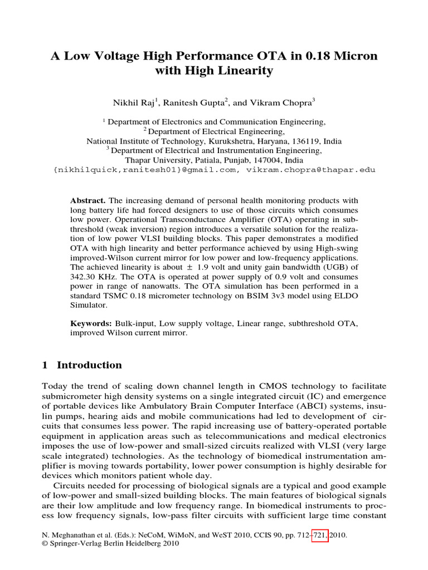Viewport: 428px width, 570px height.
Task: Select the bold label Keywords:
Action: click(x=91, y=323)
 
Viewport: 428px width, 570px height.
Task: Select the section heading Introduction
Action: click(x=89, y=365)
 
